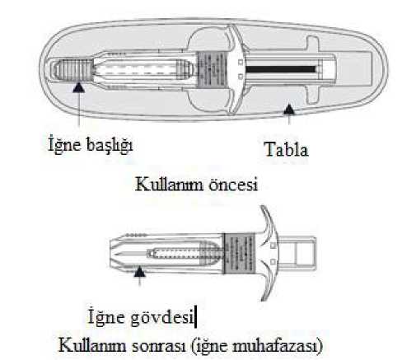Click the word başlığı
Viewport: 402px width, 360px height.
[x=110, y=144]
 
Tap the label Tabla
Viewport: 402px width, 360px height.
[x=286, y=150]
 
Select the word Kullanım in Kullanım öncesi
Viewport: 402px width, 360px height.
[x=169, y=184]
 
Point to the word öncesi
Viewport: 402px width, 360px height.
[x=233, y=184]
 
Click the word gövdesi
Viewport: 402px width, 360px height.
[x=162, y=317]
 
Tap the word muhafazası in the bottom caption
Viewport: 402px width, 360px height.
[x=275, y=346]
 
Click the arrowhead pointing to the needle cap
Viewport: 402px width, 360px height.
[x=79, y=87]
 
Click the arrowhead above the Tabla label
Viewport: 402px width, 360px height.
[x=289, y=110]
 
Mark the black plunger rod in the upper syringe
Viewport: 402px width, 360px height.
[x=281, y=69]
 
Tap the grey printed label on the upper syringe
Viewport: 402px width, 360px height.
[x=212, y=70]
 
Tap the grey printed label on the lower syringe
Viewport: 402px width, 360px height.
[x=240, y=254]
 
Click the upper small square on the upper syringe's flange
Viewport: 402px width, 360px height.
[x=241, y=63]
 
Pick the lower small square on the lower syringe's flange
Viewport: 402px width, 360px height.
[x=273, y=262]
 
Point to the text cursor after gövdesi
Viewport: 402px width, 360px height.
[x=195, y=317]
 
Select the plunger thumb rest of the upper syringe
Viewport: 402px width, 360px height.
[x=313, y=70]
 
